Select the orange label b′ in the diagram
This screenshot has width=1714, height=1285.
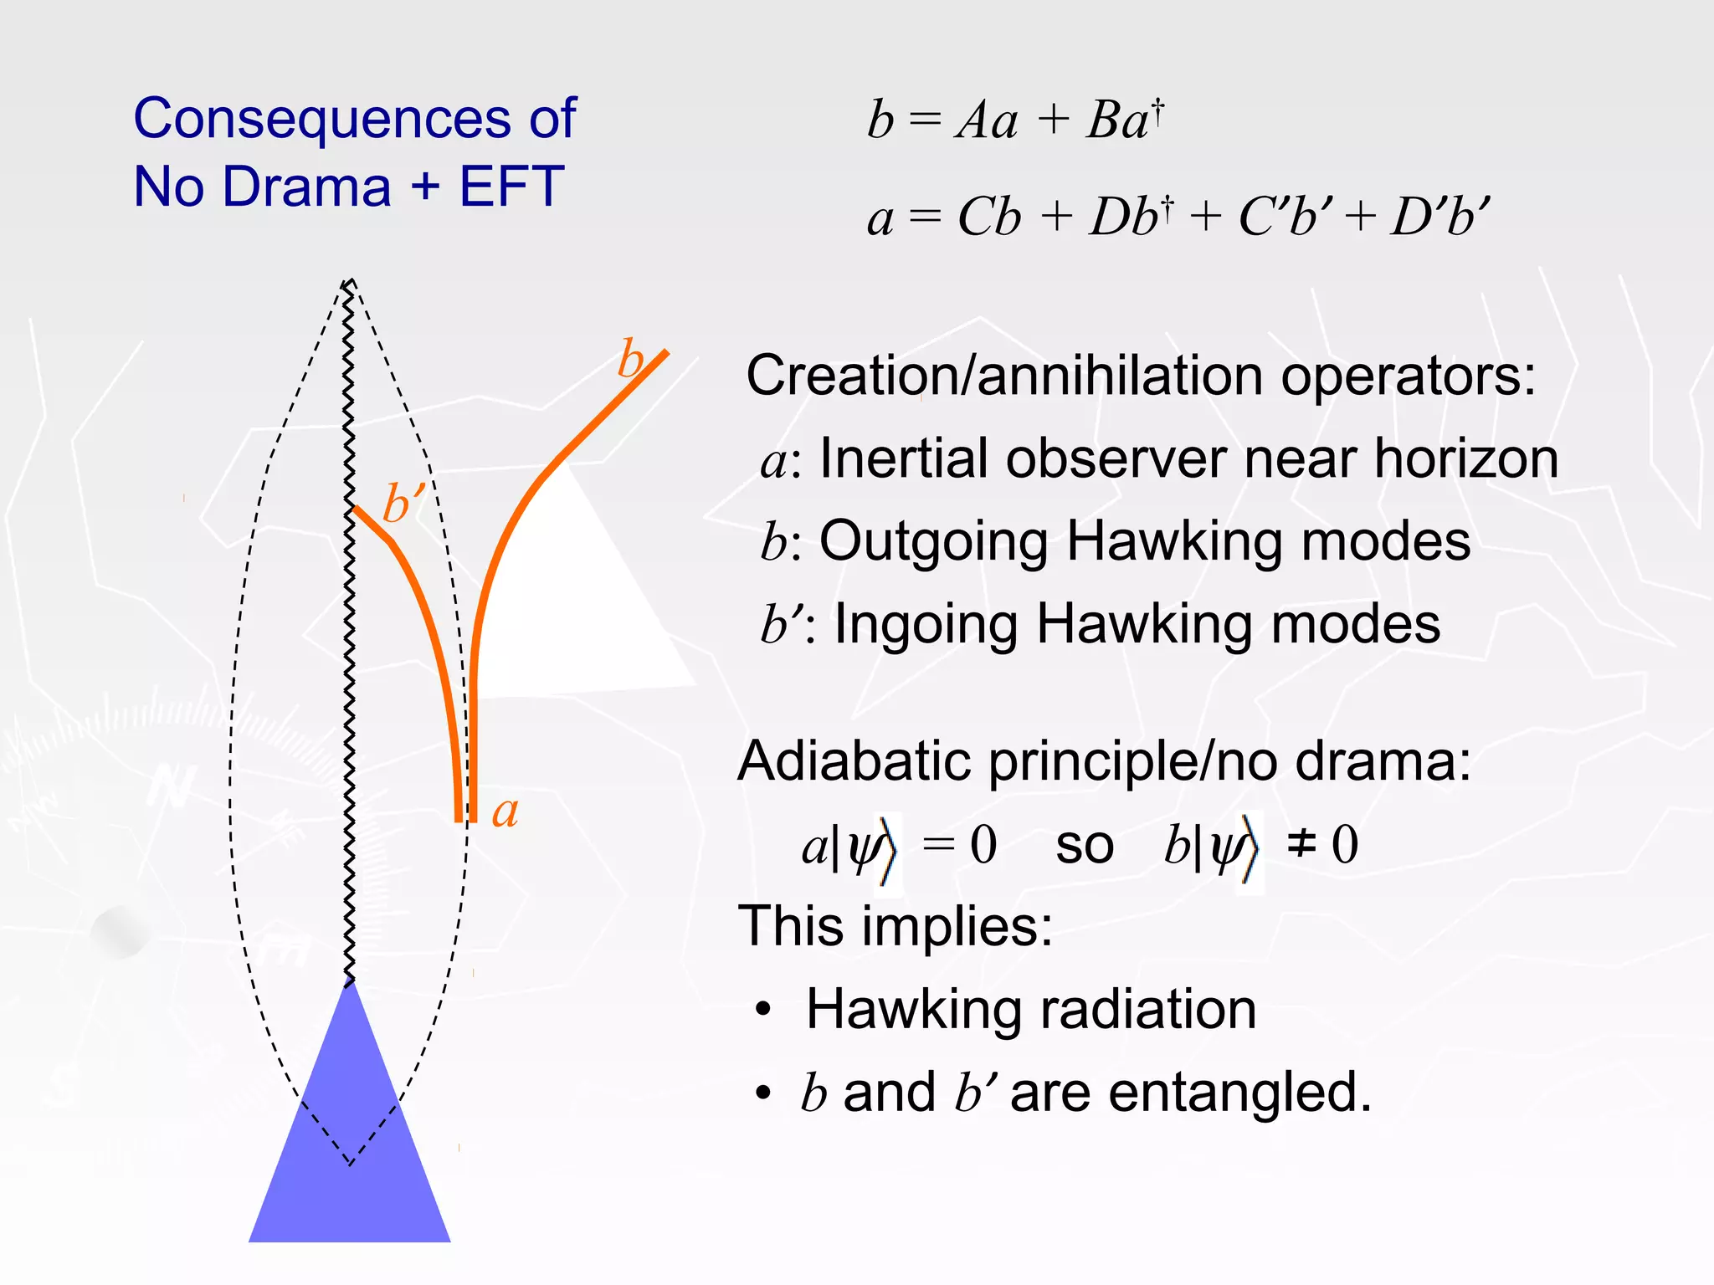[403, 504]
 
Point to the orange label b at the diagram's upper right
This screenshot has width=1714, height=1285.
[630, 360]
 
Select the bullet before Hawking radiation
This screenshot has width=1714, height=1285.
[762, 1011]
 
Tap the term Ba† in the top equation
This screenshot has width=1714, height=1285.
[1124, 119]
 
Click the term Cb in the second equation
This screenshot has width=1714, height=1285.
[988, 218]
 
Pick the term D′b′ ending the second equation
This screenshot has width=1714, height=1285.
[1439, 218]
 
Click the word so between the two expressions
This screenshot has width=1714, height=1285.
[1085, 845]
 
